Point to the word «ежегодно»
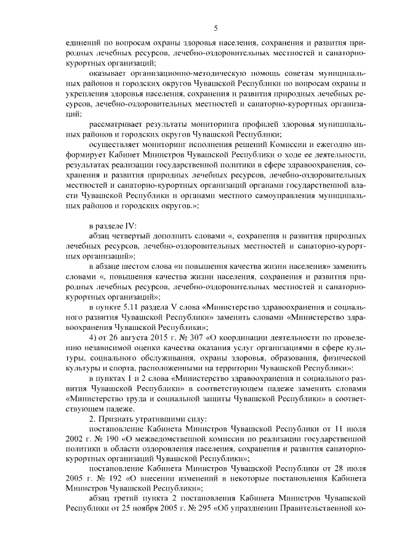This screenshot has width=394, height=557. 332,145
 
